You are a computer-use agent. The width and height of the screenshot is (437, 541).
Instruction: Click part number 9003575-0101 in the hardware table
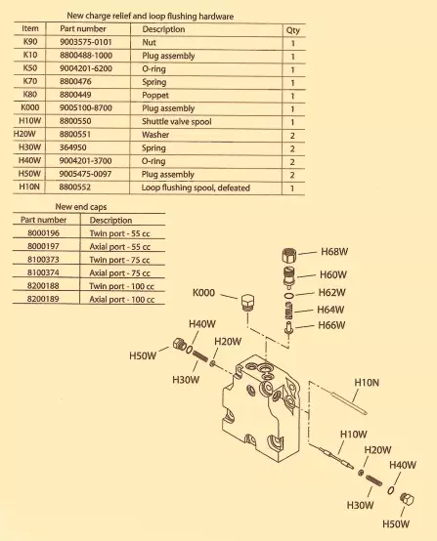tap(86, 42)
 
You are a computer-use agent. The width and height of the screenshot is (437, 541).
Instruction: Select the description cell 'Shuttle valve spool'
tap(177, 121)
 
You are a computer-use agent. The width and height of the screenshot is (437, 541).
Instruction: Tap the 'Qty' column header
tap(292, 30)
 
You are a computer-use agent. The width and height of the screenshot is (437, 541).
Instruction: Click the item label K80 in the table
tap(30, 95)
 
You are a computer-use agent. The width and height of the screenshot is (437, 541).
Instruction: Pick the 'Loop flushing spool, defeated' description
tap(196, 187)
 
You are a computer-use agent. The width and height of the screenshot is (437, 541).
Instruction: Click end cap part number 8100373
tap(43, 260)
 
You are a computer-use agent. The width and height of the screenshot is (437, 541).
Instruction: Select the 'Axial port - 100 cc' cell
tap(121, 300)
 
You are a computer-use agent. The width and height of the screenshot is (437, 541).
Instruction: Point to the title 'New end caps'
tap(81, 207)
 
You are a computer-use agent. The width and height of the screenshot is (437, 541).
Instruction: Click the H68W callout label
tap(334, 252)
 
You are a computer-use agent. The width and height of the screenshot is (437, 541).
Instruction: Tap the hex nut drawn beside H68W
tap(289, 256)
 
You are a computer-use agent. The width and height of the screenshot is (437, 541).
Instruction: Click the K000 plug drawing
tap(247, 303)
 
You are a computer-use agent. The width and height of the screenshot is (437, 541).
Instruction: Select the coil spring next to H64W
tap(289, 311)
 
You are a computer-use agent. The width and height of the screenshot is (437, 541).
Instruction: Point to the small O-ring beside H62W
tap(289, 295)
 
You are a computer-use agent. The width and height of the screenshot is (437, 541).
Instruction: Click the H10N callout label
tap(367, 382)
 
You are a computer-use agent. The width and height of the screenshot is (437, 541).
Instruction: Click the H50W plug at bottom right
tap(407, 499)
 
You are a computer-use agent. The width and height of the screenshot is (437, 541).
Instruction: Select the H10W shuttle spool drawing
tap(335, 458)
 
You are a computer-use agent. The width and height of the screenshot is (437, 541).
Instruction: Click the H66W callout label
tap(331, 325)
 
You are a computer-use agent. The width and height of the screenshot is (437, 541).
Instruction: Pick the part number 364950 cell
tap(73, 147)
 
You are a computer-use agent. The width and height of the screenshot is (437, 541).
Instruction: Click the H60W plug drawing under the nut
tap(289, 276)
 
